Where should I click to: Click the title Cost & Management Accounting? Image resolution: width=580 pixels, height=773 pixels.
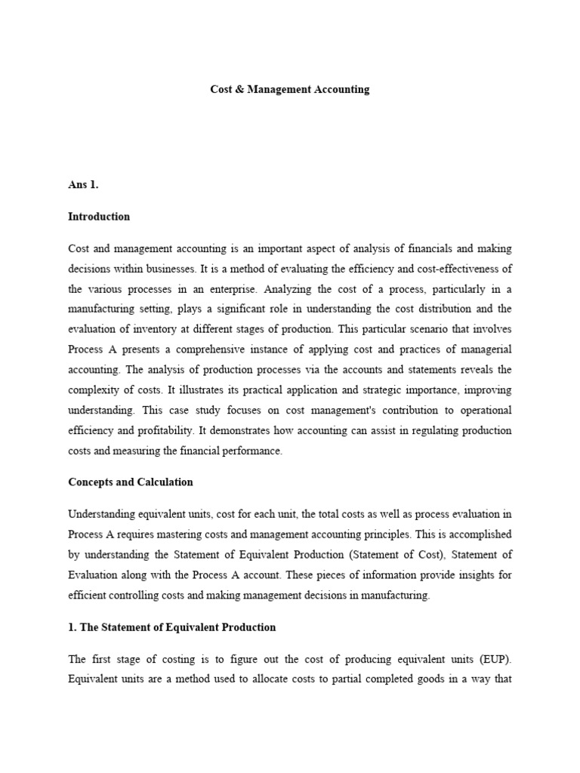pos(289,89)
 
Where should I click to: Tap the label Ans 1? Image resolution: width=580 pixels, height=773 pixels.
pos(83,185)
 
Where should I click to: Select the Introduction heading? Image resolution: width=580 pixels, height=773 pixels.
pos(99,217)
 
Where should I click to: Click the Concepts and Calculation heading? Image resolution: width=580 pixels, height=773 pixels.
pos(131,482)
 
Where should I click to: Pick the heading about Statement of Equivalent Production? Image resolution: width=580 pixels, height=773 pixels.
pos(172,627)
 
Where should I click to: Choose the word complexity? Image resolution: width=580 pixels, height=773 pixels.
pos(97,390)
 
